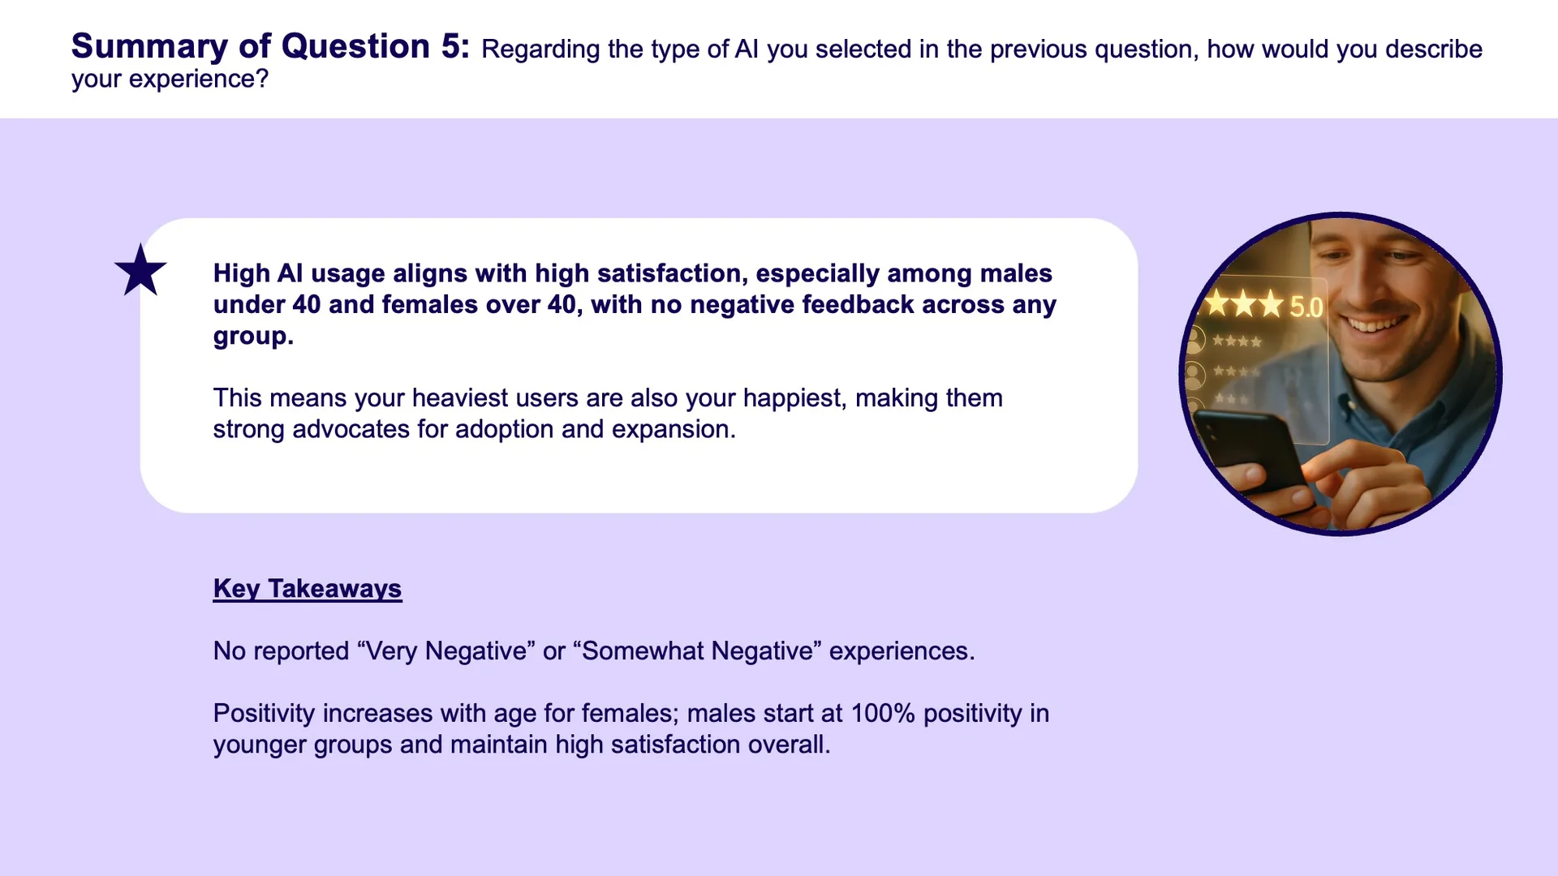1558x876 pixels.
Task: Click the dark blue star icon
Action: coord(140,271)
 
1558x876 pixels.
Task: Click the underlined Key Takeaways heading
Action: coord(308,589)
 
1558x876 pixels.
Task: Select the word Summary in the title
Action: coord(149,47)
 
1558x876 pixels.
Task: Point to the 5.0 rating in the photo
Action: coord(1306,307)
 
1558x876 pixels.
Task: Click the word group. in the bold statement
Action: coord(253,337)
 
